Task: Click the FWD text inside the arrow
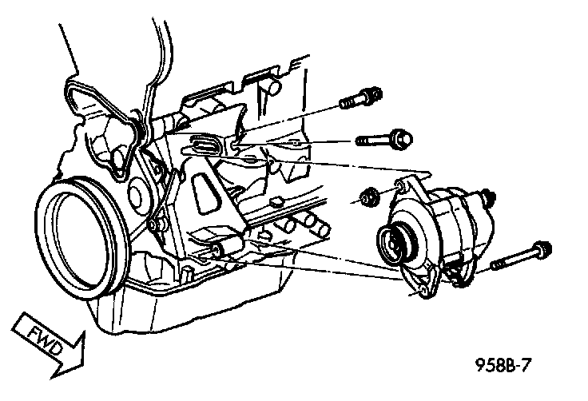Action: (45, 340)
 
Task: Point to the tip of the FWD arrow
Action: (83, 363)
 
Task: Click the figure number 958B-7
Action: (503, 364)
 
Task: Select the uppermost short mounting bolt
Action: (360, 98)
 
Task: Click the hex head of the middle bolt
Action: (400, 140)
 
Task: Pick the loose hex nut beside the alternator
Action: (367, 197)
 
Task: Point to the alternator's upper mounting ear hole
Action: (399, 186)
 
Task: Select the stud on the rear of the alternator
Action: (488, 197)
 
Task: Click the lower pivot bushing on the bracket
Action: (225, 248)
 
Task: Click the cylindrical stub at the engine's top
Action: (273, 87)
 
